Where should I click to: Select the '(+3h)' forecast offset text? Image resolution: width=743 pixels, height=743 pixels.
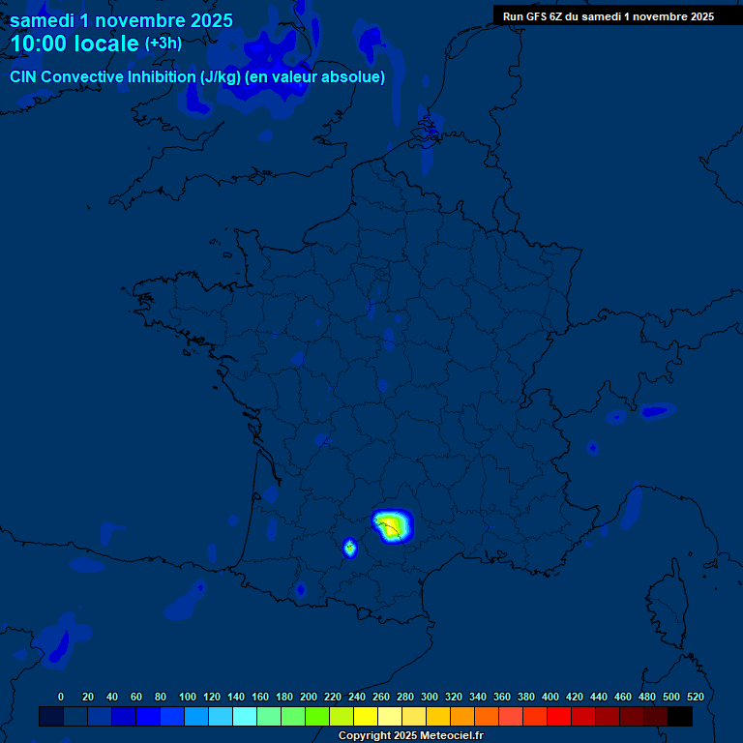163,44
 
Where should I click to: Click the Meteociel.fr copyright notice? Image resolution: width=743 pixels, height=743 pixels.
410,736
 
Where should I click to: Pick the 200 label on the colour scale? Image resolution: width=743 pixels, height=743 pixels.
309,697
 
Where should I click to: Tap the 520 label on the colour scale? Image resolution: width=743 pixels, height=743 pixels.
695,697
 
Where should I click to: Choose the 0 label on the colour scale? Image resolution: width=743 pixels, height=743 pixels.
61,697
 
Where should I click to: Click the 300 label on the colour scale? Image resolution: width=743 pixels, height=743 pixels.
430,697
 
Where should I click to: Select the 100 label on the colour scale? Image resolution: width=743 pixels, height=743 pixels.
188,697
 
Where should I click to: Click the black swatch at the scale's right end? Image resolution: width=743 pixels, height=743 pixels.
680,716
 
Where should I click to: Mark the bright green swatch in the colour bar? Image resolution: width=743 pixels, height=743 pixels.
317,716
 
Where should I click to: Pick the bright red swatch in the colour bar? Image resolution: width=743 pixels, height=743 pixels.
559,716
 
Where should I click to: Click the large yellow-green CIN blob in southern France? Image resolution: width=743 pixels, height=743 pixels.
392,524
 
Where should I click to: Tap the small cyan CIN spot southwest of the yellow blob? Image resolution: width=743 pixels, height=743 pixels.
349,549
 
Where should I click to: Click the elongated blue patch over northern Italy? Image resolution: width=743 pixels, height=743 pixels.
655,411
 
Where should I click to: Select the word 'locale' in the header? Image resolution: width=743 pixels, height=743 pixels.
106,44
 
